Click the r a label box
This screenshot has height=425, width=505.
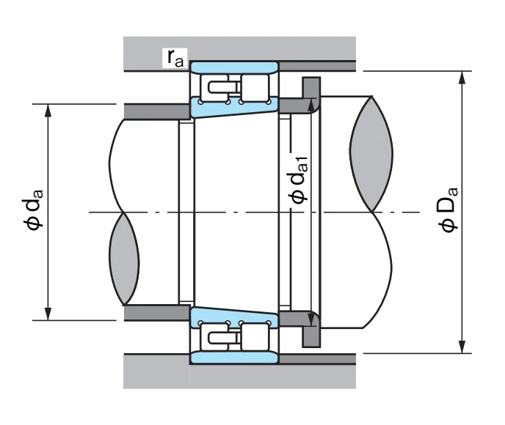pos(175,57)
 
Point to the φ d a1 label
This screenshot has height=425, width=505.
pos(298,180)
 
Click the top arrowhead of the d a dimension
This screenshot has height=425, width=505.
pos(48,110)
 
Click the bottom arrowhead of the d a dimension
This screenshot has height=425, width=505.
pos(48,314)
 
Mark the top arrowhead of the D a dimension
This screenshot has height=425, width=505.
pos(462,78)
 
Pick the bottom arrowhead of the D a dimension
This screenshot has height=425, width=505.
pos(462,347)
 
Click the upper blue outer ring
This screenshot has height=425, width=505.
pos(234,67)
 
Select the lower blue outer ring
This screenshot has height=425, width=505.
pos(234,358)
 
